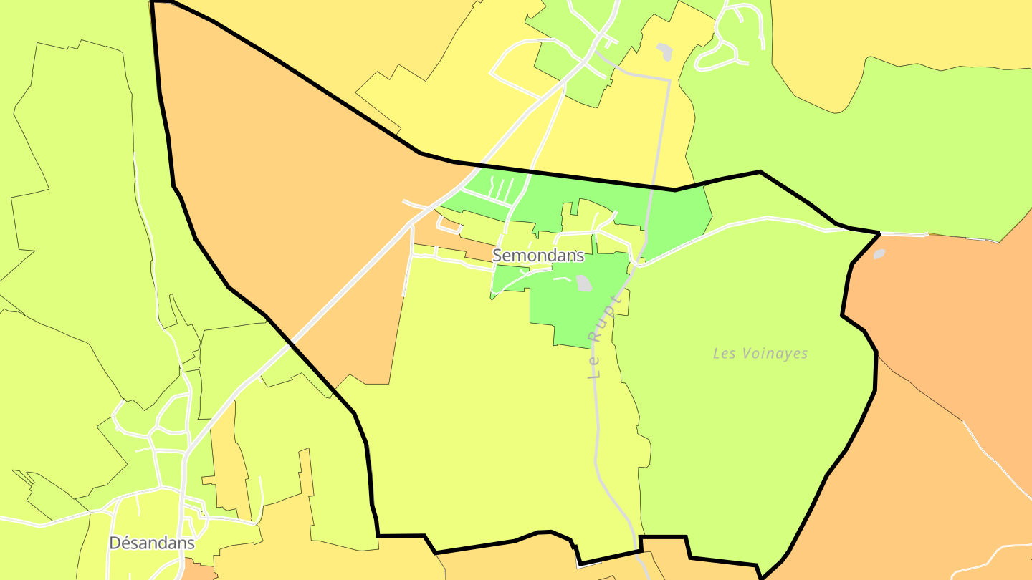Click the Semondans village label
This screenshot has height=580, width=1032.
pyautogui.click(x=538, y=256)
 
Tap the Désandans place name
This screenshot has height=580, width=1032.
pyautogui.click(x=151, y=543)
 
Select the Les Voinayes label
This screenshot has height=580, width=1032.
pyautogui.click(x=760, y=354)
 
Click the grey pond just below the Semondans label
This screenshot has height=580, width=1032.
pyautogui.click(x=584, y=284)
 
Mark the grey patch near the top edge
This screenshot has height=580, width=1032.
pyautogui.click(x=665, y=52)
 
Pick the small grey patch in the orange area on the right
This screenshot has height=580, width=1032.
pyautogui.click(x=879, y=254)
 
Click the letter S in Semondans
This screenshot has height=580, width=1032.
pyautogui.click(x=497, y=256)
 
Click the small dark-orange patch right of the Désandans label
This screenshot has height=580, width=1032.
pyautogui.click(x=199, y=572)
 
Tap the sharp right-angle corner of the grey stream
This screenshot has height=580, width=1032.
pyautogui.click(x=669, y=81)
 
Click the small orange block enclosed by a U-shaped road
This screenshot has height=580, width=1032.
pyautogui.click(x=450, y=226)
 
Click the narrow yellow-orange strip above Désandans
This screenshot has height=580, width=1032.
pyautogui.click(x=223, y=458)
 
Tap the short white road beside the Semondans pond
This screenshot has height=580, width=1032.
pyautogui.click(x=563, y=279)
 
